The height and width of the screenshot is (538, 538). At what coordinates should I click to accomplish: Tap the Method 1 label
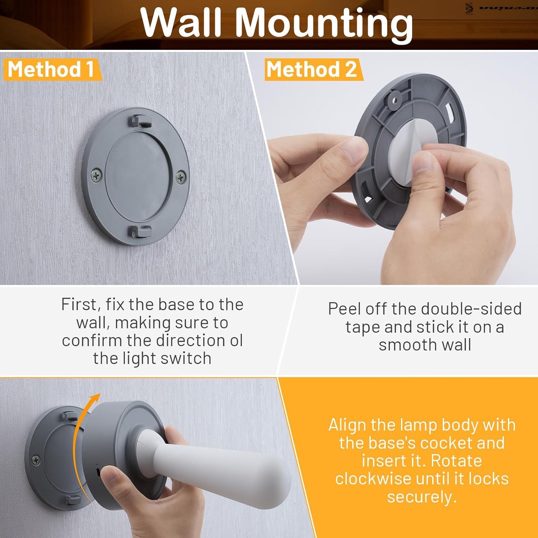click(x=51, y=69)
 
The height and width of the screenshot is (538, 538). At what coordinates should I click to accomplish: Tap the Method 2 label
click(x=312, y=69)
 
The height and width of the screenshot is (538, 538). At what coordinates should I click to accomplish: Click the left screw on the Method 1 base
click(x=96, y=175)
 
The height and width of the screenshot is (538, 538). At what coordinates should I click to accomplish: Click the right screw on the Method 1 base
click(x=181, y=177)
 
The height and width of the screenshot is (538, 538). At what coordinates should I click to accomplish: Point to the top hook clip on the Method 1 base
click(x=139, y=120)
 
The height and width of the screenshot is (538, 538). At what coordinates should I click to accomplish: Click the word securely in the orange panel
click(x=421, y=497)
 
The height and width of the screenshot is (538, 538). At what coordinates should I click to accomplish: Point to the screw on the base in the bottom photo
click(x=36, y=460)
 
